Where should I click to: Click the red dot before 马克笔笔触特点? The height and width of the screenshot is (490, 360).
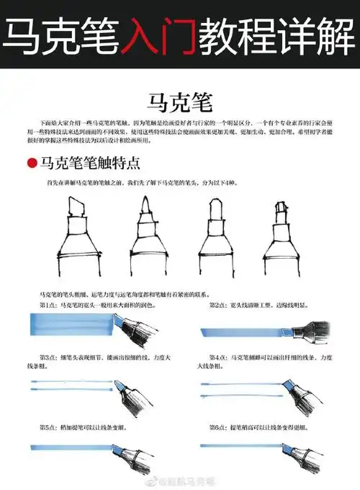tap(32, 164)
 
